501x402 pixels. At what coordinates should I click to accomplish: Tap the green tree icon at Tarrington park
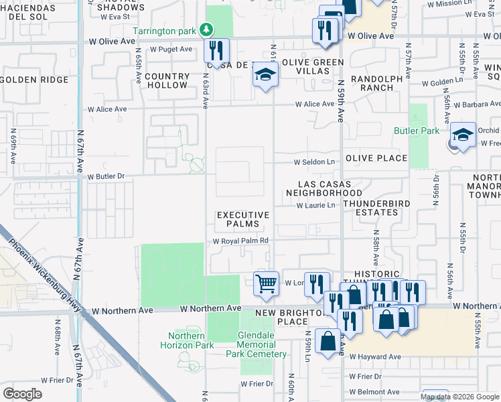207,30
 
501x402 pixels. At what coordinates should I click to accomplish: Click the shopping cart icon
266,283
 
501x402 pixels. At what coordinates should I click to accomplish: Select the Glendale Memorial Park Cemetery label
256,349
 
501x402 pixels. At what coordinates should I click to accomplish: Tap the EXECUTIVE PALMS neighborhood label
242,219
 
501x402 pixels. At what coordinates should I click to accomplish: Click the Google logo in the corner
23,393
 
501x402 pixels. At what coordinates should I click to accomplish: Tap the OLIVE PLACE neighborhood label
376,158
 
